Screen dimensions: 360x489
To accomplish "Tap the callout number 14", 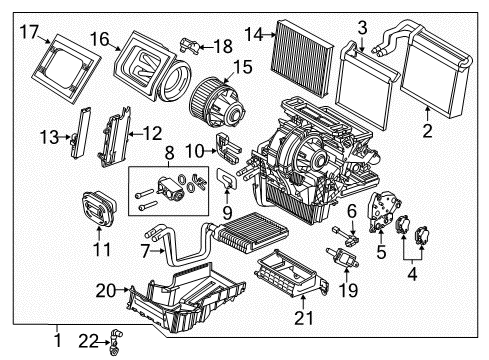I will coord(254,34).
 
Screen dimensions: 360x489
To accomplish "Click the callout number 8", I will coord(169,154).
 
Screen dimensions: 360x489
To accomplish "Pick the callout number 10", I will coord(198,150).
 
